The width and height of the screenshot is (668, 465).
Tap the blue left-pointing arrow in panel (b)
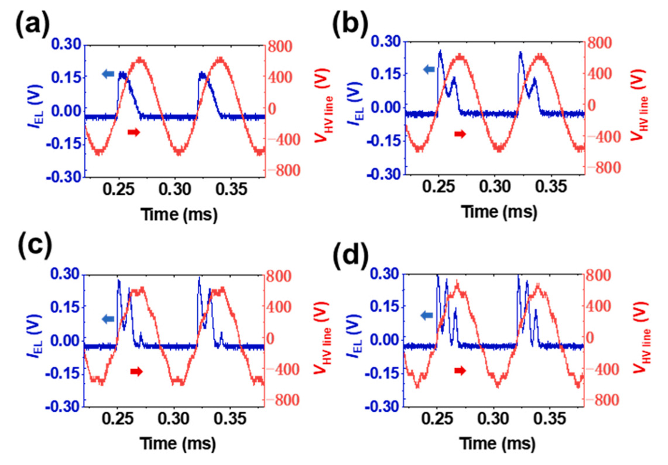429,70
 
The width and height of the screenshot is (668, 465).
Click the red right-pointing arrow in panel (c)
136,371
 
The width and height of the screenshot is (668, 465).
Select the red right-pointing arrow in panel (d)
461,370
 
